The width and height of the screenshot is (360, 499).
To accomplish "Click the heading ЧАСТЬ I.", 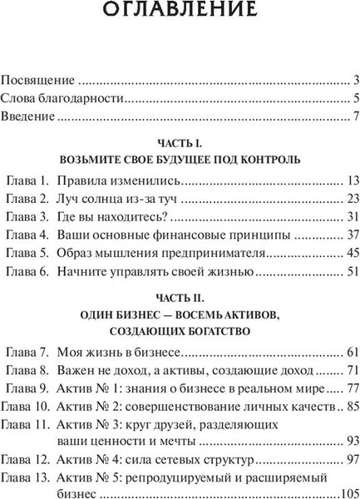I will coord(180,142).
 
